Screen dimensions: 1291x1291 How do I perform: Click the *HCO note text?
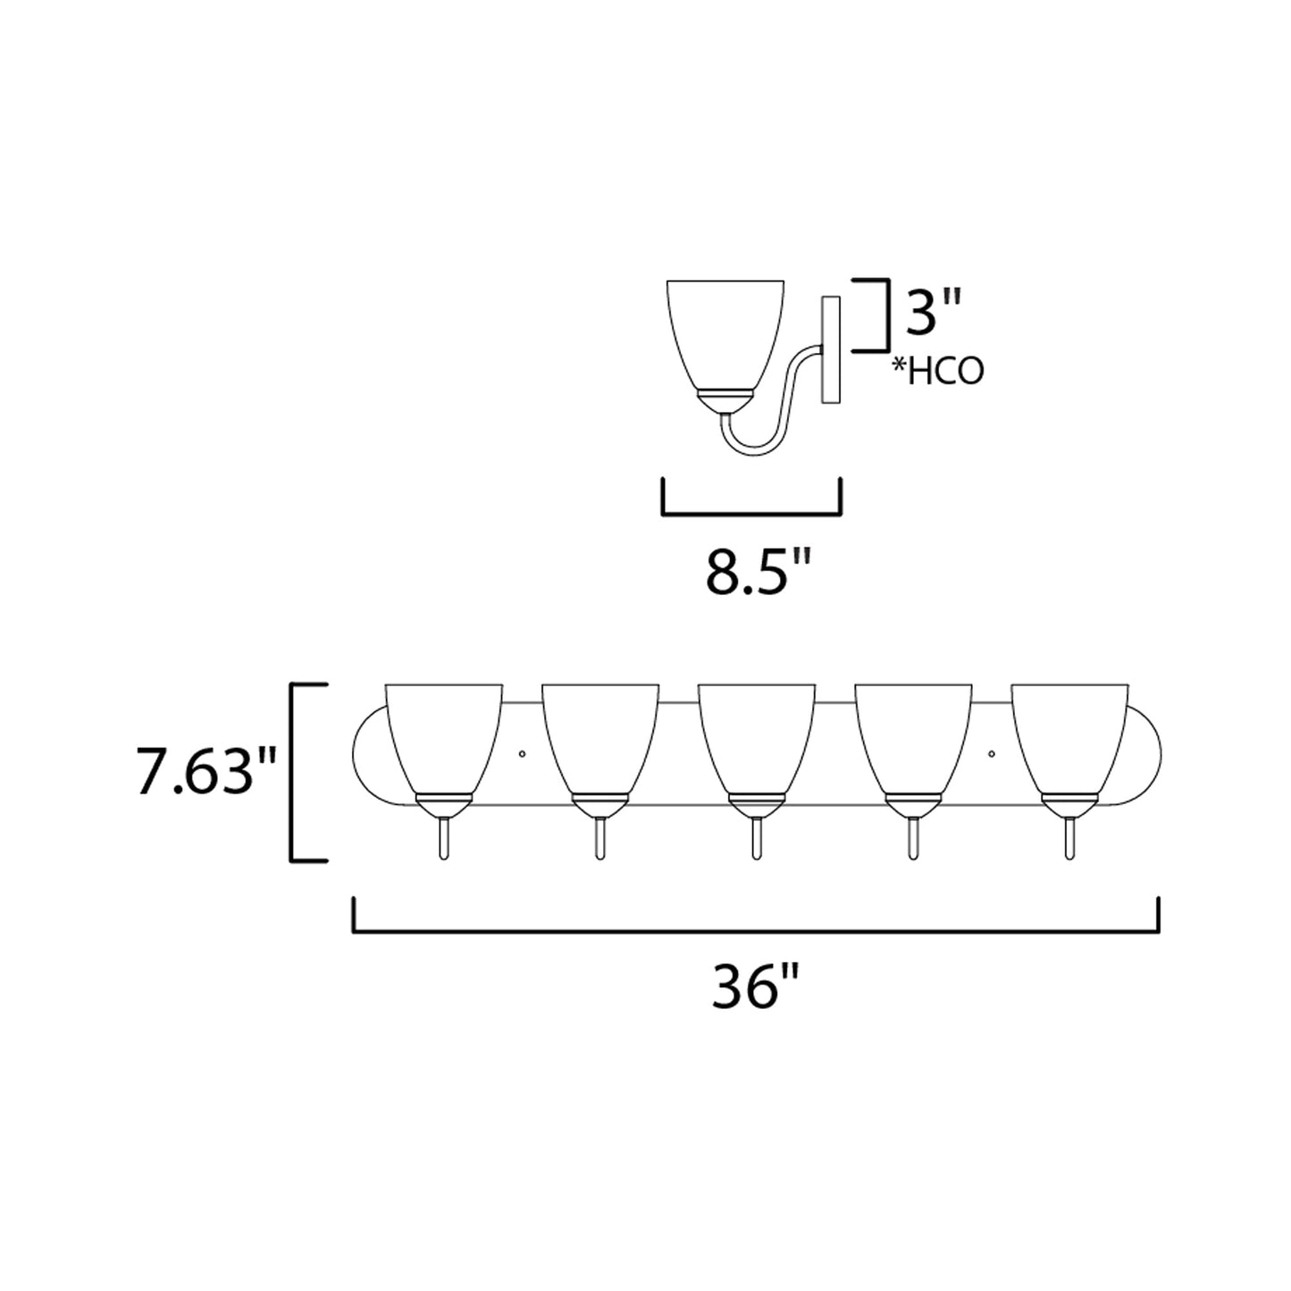click(937, 371)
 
